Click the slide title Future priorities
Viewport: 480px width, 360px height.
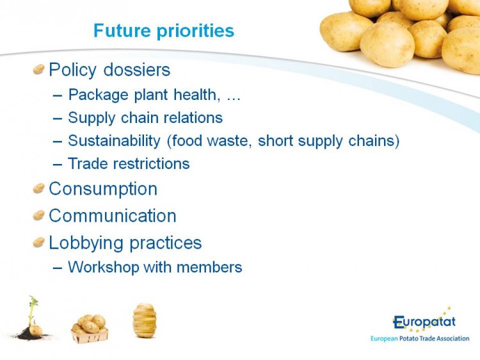tap(164, 31)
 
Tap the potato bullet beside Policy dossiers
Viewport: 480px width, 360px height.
tap(39, 69)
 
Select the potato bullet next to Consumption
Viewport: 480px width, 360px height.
tap(39, 188)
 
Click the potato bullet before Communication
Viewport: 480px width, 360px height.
tap(39, 215)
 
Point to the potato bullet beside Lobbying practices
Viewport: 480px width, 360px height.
tap(39, 242)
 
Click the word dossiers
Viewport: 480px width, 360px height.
tap(137, 70)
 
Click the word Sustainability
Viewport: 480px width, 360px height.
tap(114, 141)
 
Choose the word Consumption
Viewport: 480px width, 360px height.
tap(103, 189)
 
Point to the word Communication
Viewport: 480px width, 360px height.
tap(113, 216)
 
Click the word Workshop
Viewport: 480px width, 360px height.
tap(104, 267)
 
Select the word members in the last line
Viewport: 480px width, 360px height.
tap(209, 267)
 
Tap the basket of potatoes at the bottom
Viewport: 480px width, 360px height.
tap(90, 329)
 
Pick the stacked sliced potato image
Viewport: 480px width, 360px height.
tap(145, 320)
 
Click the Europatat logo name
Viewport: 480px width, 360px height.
tap(424, 322)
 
